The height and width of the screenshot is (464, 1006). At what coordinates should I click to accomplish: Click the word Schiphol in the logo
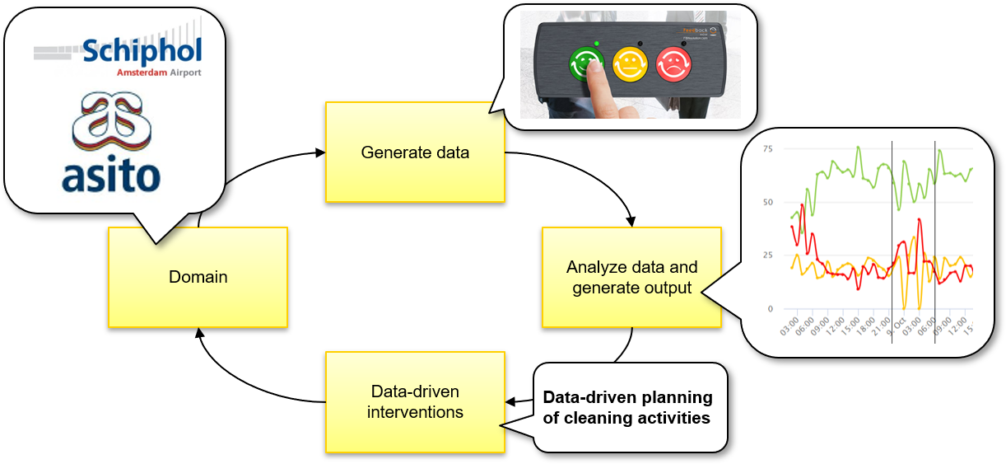point(142,53)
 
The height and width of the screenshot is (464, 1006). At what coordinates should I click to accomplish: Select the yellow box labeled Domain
point(198,277)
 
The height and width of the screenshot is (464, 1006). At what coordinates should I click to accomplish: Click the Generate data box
point(415,152)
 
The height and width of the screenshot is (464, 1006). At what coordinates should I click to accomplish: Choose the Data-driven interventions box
point(415,401)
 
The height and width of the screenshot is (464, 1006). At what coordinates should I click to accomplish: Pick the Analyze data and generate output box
point(631,277)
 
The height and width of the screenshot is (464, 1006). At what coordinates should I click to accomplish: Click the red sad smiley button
point(674,64)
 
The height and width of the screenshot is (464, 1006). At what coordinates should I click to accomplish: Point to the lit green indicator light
point(595,43)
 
